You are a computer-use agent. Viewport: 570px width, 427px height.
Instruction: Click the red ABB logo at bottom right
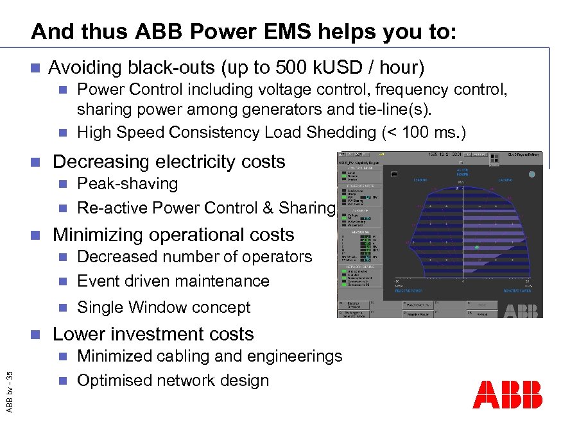[507, 394]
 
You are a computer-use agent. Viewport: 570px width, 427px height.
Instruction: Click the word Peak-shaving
[127, 183]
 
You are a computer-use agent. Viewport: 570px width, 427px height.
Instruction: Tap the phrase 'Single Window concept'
[163, 307]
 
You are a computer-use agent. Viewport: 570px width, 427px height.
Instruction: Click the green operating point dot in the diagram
[476, 246]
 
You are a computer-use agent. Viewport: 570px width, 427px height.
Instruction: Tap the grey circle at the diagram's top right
[531, 174]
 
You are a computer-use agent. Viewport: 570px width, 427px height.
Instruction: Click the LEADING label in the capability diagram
[424, 180]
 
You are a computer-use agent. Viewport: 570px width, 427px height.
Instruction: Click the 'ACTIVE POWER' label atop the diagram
[468, 172]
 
